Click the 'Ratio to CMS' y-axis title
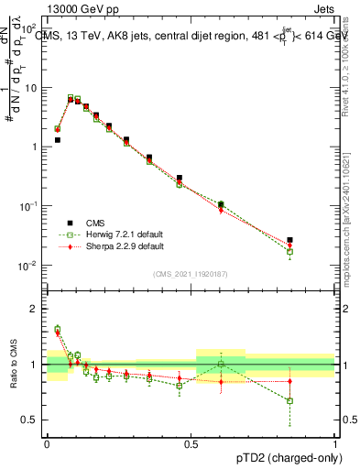tap(14, 365)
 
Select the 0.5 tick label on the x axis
tap(191, 442)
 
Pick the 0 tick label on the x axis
tap(47, 442)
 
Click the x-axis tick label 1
tap(335, 442)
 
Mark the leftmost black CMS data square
tap(58, 140)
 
